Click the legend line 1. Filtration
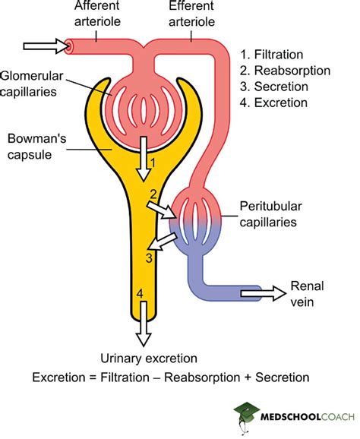273,55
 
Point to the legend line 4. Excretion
273,103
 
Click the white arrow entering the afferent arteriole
46,46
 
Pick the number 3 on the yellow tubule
151,258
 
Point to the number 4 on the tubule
138,293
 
